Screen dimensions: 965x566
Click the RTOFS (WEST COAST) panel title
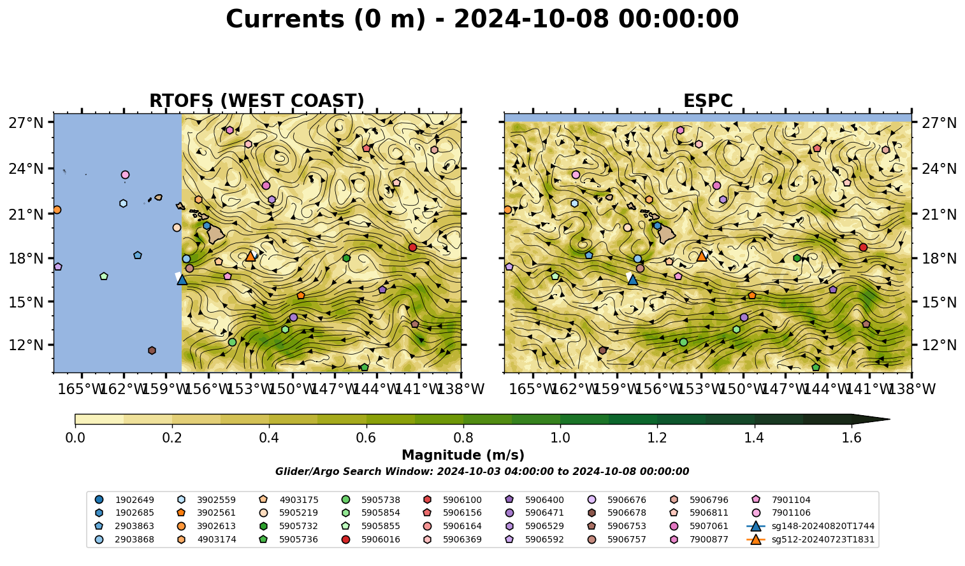click(x=257, y=101)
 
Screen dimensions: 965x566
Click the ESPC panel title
click(x=707, y=101)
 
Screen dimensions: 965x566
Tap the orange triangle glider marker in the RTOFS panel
click(x=250, y=257)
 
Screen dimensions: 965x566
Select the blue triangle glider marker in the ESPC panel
click(x=632, y=279)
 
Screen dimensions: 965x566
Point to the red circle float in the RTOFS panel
click(x=413, y=247)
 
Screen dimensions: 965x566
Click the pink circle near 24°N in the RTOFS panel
click(x=125, y=174)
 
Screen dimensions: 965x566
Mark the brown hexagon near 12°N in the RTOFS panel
click(x=152, y=350)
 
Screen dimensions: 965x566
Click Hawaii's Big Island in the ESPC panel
click(x=667, y=234)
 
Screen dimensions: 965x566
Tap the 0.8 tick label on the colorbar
click(x=463, y=438)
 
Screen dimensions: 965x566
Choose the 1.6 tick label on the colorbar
click(x=852, y=438)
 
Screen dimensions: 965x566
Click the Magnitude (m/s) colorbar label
click(x=463, y=455)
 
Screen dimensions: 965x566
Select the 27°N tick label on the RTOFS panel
click(x=26, y=123)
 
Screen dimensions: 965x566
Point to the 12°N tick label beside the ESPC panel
click(x=939, y=345)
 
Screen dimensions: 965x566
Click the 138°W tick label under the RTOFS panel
click(x=461, y=389)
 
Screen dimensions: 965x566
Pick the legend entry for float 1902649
click(x=124, y=500)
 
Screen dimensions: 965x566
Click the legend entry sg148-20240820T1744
click(x=810, y=526)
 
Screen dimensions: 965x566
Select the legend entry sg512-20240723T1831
click(x=810, y=539)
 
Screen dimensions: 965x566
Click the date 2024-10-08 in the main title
click(x=532, y=19)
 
